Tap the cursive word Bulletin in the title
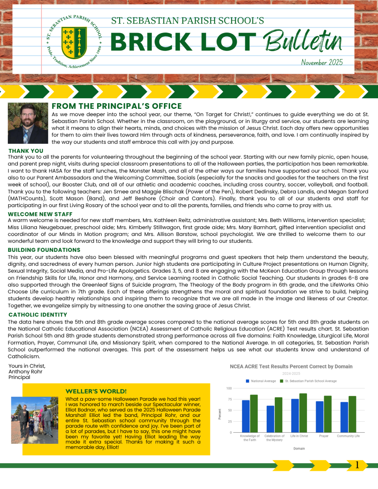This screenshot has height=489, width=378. coord(302,42)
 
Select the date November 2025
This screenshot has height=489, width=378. coord(322,62)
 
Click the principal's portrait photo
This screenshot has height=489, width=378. coord(28,123)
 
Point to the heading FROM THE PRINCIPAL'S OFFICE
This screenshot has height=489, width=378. coord(116,106)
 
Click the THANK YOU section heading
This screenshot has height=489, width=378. coord(26,151)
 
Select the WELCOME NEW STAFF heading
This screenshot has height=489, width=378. coord(40,214)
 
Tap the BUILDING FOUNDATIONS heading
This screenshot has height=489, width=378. coord(44,250)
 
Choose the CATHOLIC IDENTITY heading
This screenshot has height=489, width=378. coord(38,315)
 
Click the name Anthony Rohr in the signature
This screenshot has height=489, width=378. coord(25,371)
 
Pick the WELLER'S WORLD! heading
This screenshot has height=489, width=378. coord(96,391)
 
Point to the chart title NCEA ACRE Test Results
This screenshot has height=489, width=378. coord(291,366)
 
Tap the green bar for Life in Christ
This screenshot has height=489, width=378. coord(303,413)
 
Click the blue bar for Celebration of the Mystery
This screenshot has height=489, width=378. coord(270,419)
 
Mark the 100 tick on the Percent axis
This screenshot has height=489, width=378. coord(230,388)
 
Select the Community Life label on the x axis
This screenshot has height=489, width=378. coord(348,436)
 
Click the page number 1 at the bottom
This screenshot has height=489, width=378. coord(357,465)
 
